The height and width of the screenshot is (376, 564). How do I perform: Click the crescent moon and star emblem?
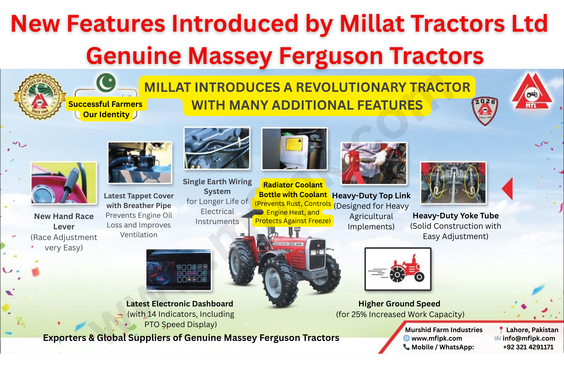click(106, 83)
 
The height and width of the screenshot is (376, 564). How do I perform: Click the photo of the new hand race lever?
click(64, 183)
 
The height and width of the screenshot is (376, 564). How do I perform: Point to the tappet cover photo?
click(140, 162)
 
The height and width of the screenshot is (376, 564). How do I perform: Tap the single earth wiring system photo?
click(217, 148)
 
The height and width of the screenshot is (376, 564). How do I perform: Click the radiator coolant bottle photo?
click(294, 149)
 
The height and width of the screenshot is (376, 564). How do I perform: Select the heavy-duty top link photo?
click(374, 163)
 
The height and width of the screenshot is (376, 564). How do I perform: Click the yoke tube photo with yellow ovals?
click(453, 183)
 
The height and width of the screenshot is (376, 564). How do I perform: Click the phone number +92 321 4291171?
click(528, 347)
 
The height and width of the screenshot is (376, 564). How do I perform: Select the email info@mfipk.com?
click(529, 338)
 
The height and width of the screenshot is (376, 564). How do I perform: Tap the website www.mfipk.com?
click(436, 338)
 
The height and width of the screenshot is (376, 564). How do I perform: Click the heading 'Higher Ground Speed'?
click(399, 304)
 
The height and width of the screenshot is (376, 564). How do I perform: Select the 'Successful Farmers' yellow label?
click(105, 104)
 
